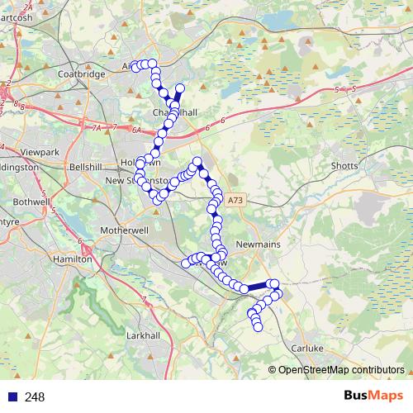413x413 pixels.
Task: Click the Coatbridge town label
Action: pos(82,74)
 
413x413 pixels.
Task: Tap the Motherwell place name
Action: pos(121,230)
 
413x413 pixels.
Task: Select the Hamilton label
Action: pos(72,259)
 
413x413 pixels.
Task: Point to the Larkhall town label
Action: pos(142,336)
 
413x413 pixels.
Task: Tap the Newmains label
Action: pos(259,245)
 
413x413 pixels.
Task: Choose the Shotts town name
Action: pos(344,166)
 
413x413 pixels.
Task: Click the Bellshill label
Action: pos(85,166)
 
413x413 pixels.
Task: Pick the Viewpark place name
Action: pos(41,153)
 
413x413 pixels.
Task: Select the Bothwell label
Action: pos(32,201)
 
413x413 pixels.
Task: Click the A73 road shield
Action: pos(236,200)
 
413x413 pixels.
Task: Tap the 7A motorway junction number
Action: pos(97,128)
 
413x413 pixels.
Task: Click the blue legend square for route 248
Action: pos(12,397)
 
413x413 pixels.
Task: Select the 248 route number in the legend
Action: pos(35,397)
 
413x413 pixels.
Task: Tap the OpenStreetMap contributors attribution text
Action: pos(340,370)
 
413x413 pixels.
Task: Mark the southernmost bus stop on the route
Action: pos(257,328)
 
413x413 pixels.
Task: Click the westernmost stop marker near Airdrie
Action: pos(135,67)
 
